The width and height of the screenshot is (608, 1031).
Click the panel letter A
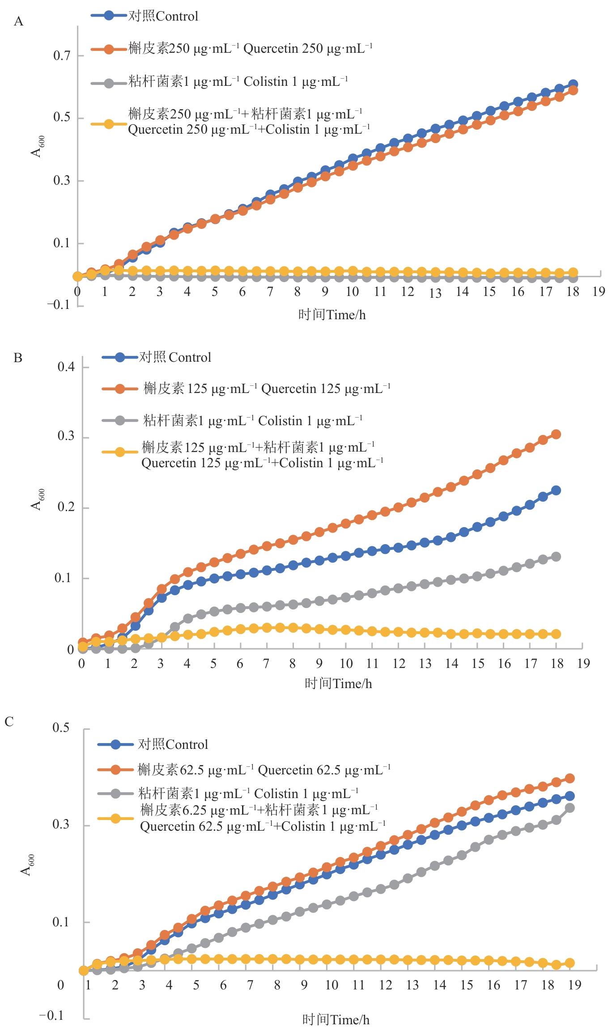[18, 21]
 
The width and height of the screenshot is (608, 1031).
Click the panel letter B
[18, 358]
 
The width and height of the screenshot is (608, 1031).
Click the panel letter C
[9, 722]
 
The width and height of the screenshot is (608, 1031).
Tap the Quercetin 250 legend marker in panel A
[109, 49]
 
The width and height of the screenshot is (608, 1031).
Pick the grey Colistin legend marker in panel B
[119, 420]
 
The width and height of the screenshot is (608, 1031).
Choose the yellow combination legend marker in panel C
[115, 819]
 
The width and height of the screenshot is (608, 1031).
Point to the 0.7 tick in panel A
[62, 56]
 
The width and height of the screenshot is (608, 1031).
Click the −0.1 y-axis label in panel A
[59, 305]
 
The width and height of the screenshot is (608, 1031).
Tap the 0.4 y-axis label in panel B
[66, 367]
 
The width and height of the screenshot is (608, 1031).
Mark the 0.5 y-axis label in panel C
[61, 727]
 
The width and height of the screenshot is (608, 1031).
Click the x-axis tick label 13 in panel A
[435, 293]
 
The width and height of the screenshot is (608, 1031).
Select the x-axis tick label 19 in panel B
[583, 663]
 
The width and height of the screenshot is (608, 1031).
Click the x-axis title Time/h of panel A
[332, 315]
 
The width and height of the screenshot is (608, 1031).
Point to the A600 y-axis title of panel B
[38, 499]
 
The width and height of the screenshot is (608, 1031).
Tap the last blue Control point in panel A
[573, 85]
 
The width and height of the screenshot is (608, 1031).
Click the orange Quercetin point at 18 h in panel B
[556, 434]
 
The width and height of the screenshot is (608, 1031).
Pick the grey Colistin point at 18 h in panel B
[556, 557]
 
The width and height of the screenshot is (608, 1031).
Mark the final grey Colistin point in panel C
[570, 808]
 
